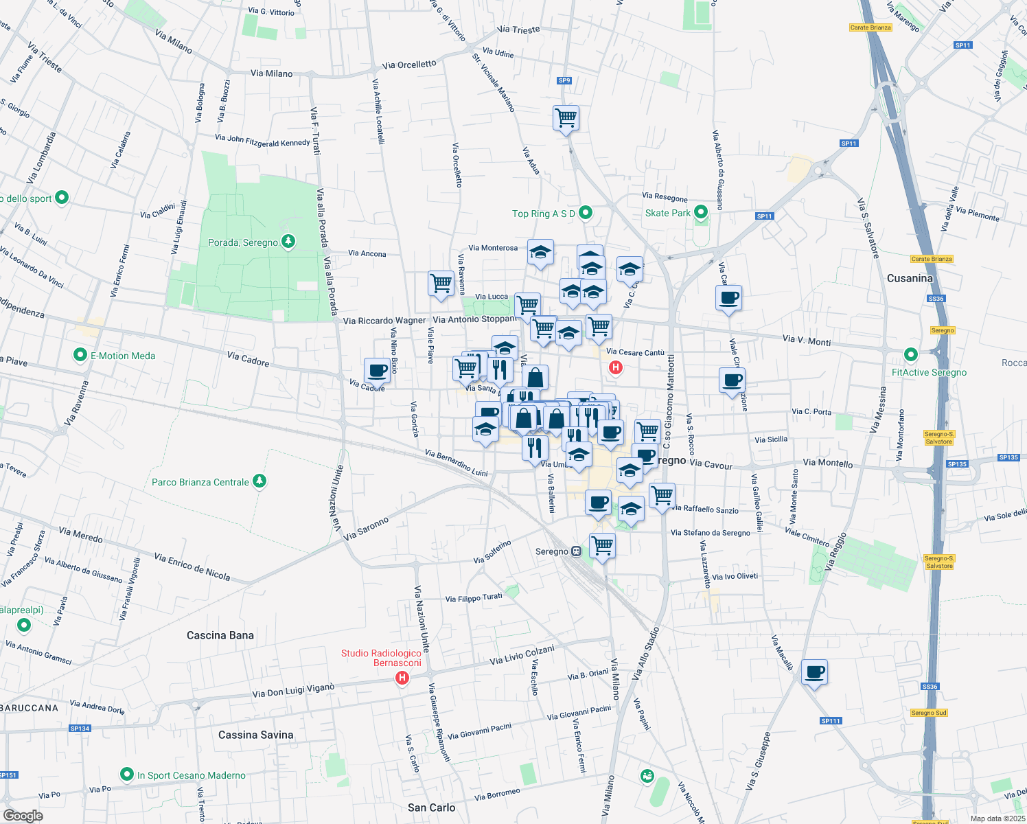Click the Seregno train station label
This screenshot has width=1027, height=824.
(552, 551)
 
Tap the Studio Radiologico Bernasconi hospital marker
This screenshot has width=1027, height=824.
(402, 678)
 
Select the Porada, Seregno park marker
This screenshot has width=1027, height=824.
(289, 242)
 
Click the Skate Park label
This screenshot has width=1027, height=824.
(667, 213)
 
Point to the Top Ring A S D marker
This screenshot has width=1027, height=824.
(586, 213)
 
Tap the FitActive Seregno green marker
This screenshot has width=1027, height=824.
(911, 355)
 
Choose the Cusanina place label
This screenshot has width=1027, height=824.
(910, 278)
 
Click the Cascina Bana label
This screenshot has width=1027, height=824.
(220, 635)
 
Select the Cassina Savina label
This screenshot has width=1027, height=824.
(255, 735)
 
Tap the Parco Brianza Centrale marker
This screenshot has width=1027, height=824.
(259, 481)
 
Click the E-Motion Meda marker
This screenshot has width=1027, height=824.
(80, 355)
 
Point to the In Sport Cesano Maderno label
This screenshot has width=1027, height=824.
(191, 775)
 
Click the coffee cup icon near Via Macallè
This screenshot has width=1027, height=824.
(814, 672)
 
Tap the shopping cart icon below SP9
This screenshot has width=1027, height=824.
(566, 117)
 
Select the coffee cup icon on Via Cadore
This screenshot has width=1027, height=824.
(377, 370)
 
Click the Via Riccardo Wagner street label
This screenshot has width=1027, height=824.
(384, 321)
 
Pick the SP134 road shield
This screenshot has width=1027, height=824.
(80, 729)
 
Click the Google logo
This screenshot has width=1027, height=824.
(23, 815)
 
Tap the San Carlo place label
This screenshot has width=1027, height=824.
(431, 808)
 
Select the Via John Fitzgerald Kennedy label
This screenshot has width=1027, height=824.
(262, 141)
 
